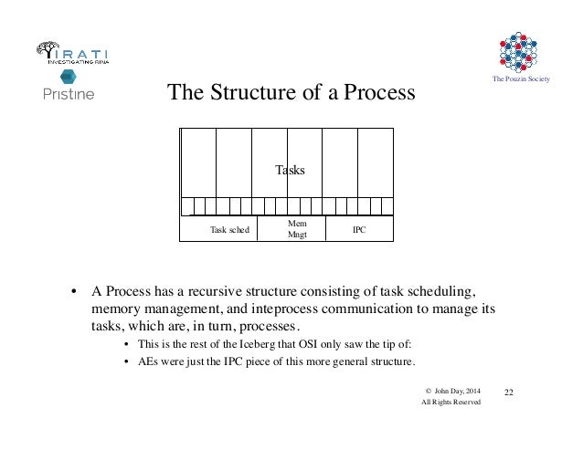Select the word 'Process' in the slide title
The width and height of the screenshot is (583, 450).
376,93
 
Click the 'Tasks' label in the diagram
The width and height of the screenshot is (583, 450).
290,171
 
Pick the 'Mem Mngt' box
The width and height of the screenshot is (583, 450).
298,228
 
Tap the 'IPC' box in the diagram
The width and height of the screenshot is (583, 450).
359,230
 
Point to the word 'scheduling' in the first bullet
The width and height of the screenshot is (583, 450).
441,293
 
